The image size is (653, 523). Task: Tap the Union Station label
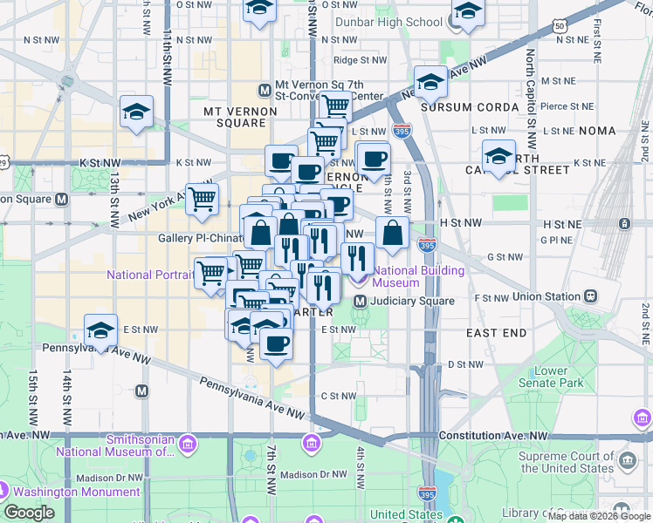pyautogui.click(x=546, y=296)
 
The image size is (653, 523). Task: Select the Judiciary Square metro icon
pyautogui.click(x=360, y=302)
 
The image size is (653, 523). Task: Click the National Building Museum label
pyautogui.click(x=408, y=276)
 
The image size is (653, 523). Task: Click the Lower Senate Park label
pyautogui.click(x=558, y=377)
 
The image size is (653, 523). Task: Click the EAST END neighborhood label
pyautogui.click(x=496, y=333)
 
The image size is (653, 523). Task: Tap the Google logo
pyautogui.click(x=29, y=513)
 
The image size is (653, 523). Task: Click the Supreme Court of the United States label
pyautogui.click(x=566, y=462)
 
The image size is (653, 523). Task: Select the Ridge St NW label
pyautogui.click(x=359, y=60)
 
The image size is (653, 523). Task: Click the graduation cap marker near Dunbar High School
pyautogui.click(x=467, y=15)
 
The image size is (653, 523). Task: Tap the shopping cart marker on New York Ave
pyautogui.click(x=202, y=199)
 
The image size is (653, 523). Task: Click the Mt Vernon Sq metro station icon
pyautogui.click(x=265, y=90)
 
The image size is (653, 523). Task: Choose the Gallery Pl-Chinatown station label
pyautogui.click(x=199, y=238)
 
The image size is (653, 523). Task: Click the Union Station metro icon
pyautogui.click(x=590, y=296)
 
